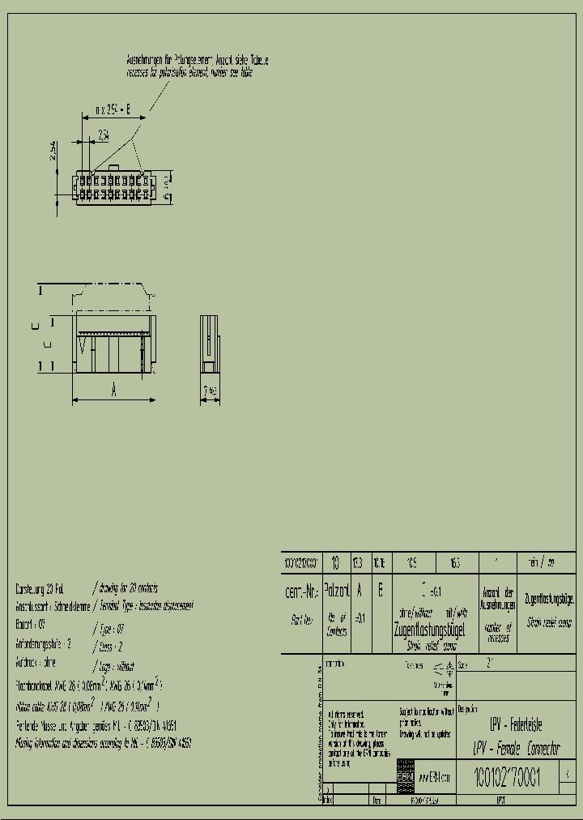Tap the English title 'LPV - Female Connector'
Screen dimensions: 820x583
pyautogui.click(x=516, y=749)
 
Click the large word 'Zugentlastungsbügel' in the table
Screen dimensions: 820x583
pyautogui.click(x=423, y=629)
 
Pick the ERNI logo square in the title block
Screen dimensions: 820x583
pyautogui.click(x=405, y=775)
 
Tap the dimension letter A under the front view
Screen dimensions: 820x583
pyautogui.click(x=114, y=391)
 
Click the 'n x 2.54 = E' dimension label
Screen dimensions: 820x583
pyautogui.click(x=113, y=109)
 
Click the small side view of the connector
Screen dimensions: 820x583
pyautogui.click(x=210, y=346)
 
